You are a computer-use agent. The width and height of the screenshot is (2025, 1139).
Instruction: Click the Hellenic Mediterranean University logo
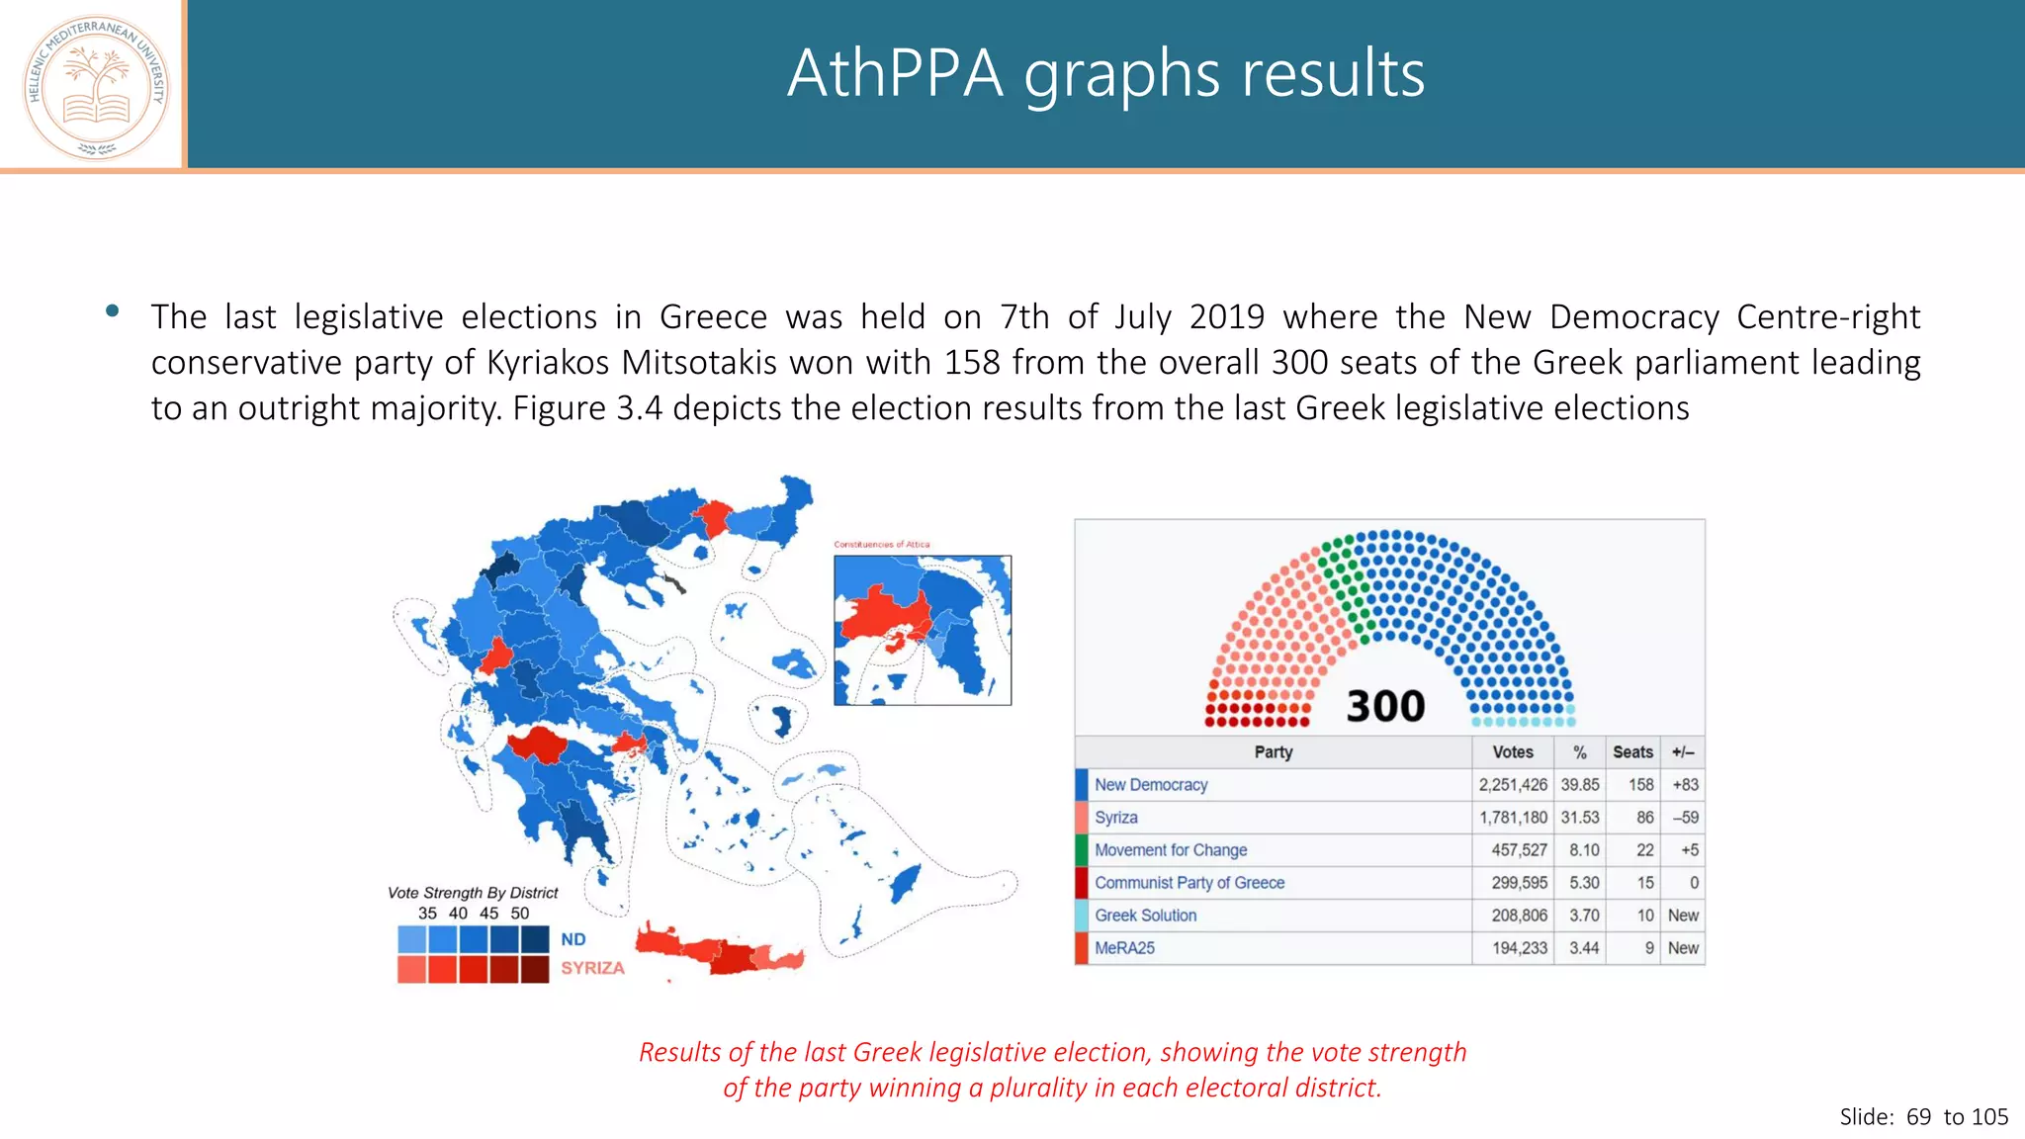click(x=96, y=87)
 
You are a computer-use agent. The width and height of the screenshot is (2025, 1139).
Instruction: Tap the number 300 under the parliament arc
click(x=1385, y=706)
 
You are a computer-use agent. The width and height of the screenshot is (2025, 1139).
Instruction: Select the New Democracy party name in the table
click(x=1151, y=785)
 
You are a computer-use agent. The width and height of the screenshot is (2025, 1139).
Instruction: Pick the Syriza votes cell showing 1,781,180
click(x=1513, y=818)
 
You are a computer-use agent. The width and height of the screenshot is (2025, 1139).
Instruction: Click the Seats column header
click(x=1632, y=752)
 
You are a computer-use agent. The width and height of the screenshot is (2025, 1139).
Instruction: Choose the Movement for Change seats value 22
click(x=1644, y=850)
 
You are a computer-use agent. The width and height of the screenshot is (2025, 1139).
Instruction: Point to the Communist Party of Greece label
click(x=1189, y=883)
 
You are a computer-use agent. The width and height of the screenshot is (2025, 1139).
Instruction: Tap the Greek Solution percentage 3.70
click(x=1584, y=916)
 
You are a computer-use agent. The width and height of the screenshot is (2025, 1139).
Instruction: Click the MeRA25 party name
click(x=1124, y=948)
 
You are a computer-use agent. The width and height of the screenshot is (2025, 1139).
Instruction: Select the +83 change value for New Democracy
click(x=1685, y=785)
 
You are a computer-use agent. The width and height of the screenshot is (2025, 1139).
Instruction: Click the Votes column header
click(x=1513, y=752)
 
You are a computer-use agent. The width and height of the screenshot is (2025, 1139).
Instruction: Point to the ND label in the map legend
click(x=573, y=939)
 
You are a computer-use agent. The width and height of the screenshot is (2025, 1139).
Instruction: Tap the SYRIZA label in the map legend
click(x=592, y=968)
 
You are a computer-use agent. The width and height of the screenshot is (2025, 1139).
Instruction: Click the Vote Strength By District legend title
click(x=473, y=893)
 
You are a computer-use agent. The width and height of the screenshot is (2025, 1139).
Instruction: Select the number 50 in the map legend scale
click(x=520, y=914)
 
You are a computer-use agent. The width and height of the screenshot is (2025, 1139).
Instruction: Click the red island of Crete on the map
click(x=722, y=951)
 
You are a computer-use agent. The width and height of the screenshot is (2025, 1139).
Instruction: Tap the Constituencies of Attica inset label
click(x=881, y=545)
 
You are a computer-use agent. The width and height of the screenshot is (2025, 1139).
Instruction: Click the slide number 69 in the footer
click(x=1918, y=1117)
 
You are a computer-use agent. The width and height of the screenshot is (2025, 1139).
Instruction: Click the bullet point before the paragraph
click(x=113, y=311)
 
